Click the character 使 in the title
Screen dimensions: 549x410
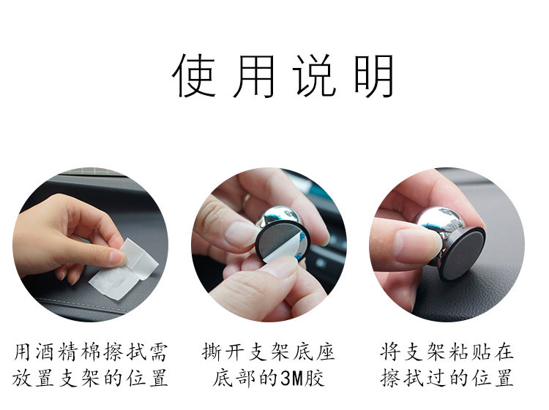click(x=194, y=75)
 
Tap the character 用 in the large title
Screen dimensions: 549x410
click(x=253, y=76)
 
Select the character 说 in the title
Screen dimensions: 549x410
click(x=313, y=75)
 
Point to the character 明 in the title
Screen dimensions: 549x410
click(x=373, y=76)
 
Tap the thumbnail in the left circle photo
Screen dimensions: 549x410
click(x=116, y=257)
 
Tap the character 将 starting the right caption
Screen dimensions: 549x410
click(x=390, y=352)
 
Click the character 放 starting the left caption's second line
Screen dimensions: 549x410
click(x=22, y=378)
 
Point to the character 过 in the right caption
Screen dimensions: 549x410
click(x=436, y=378)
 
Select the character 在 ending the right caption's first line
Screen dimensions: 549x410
click(x=504, y=352)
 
